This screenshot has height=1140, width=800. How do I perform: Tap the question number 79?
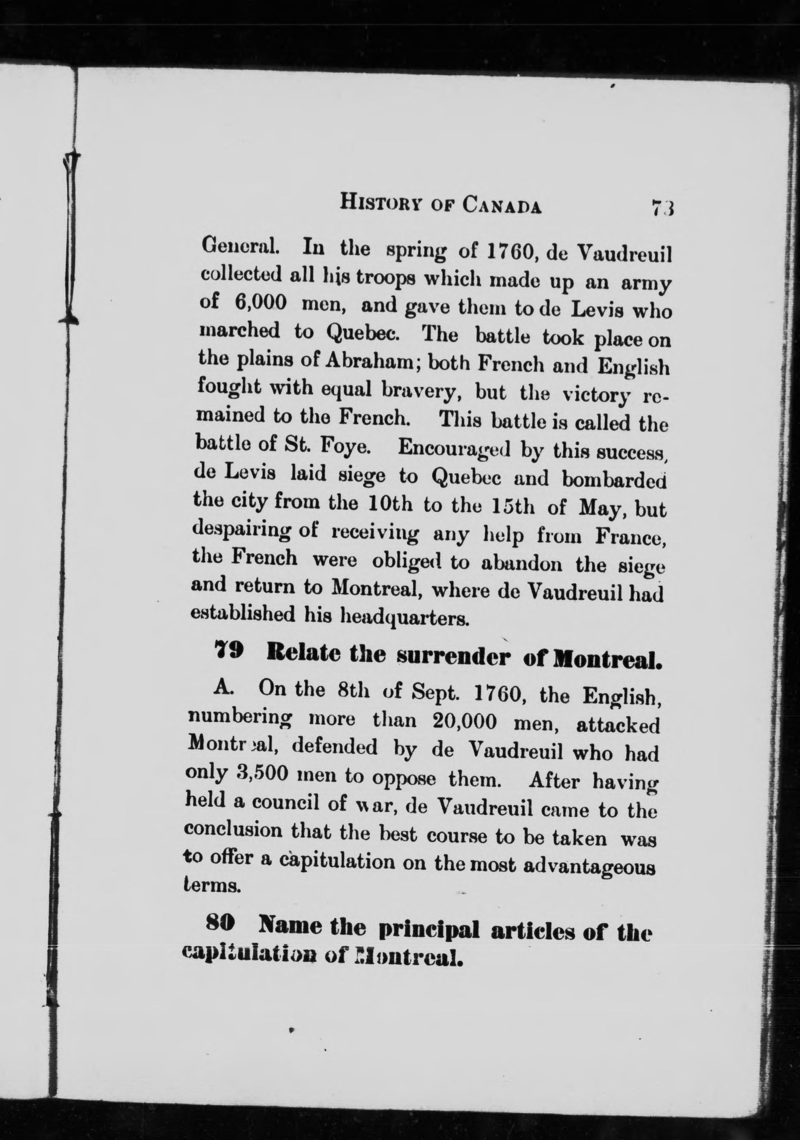point(228,652)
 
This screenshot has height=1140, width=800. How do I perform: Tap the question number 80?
point(219,923)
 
